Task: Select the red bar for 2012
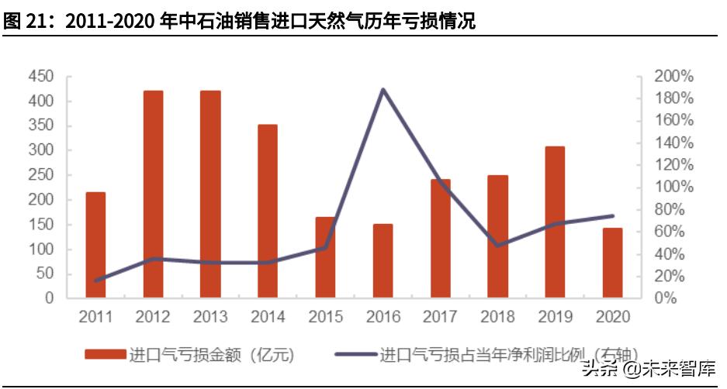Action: (x=153, y=194)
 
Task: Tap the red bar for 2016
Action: (x=383, y=260)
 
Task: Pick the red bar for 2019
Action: (x=555, y=222)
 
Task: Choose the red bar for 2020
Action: (x=612, y=263)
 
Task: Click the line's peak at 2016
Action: (x=383, y=90)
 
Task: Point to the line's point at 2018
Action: (x=497, y=245)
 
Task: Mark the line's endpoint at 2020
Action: (x=612, y=215)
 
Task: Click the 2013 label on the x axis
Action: (x=210, y=317)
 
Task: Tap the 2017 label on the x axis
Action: (x=440, y=317)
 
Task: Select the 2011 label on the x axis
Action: (x=95, y=317)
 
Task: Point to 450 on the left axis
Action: (x=40, y=76)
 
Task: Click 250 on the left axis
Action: (x=40, y=175)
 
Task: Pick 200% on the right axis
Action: (x=674, y=76)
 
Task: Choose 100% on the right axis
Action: (x=674, y=187)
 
